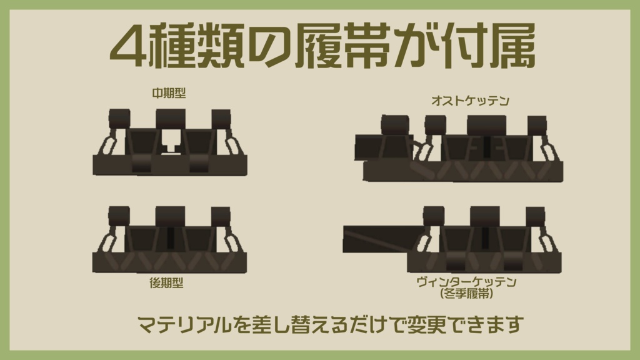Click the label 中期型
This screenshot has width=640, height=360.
click(x=169, y=93)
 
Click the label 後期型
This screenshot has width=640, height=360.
click(x=166, y=282)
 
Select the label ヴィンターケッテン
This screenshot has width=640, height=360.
click(x=466, y=282)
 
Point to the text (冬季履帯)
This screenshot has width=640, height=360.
click(x=466, y=292)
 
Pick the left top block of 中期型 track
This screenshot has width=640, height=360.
click(x=119, y=118)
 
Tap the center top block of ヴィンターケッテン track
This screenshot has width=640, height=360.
click(x=485, y=216)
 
